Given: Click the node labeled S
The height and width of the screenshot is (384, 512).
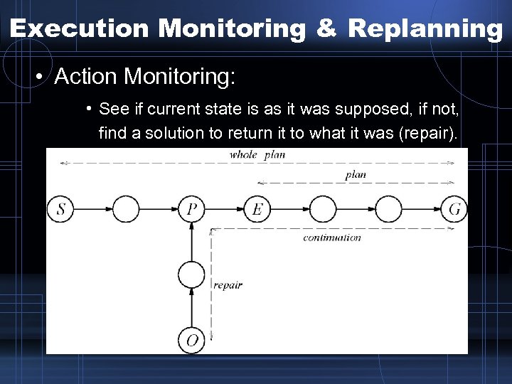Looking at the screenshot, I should point(61,209).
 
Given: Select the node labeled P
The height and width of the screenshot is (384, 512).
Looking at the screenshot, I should point(191,209).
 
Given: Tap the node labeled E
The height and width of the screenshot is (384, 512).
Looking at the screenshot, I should point(257,209).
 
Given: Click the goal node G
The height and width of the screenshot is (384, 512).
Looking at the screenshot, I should point(454,209).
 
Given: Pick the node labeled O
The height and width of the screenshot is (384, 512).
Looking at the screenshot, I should point(191,340).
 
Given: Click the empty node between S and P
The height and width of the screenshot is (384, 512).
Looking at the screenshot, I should point(126,209).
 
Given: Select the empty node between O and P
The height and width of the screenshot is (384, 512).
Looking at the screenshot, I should point(191,274).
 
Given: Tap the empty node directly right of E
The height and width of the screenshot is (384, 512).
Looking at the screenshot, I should point(322,209).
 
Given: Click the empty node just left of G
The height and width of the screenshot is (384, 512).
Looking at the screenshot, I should point(388,209).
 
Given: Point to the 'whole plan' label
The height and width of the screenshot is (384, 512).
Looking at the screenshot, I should point(257,155).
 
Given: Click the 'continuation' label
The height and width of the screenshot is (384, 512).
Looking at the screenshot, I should point(331,238).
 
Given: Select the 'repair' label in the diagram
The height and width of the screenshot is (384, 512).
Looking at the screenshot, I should point(228,284).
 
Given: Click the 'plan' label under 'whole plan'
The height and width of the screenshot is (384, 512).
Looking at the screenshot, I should point(356,175).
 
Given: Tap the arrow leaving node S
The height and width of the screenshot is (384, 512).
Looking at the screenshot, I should point(93,209).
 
